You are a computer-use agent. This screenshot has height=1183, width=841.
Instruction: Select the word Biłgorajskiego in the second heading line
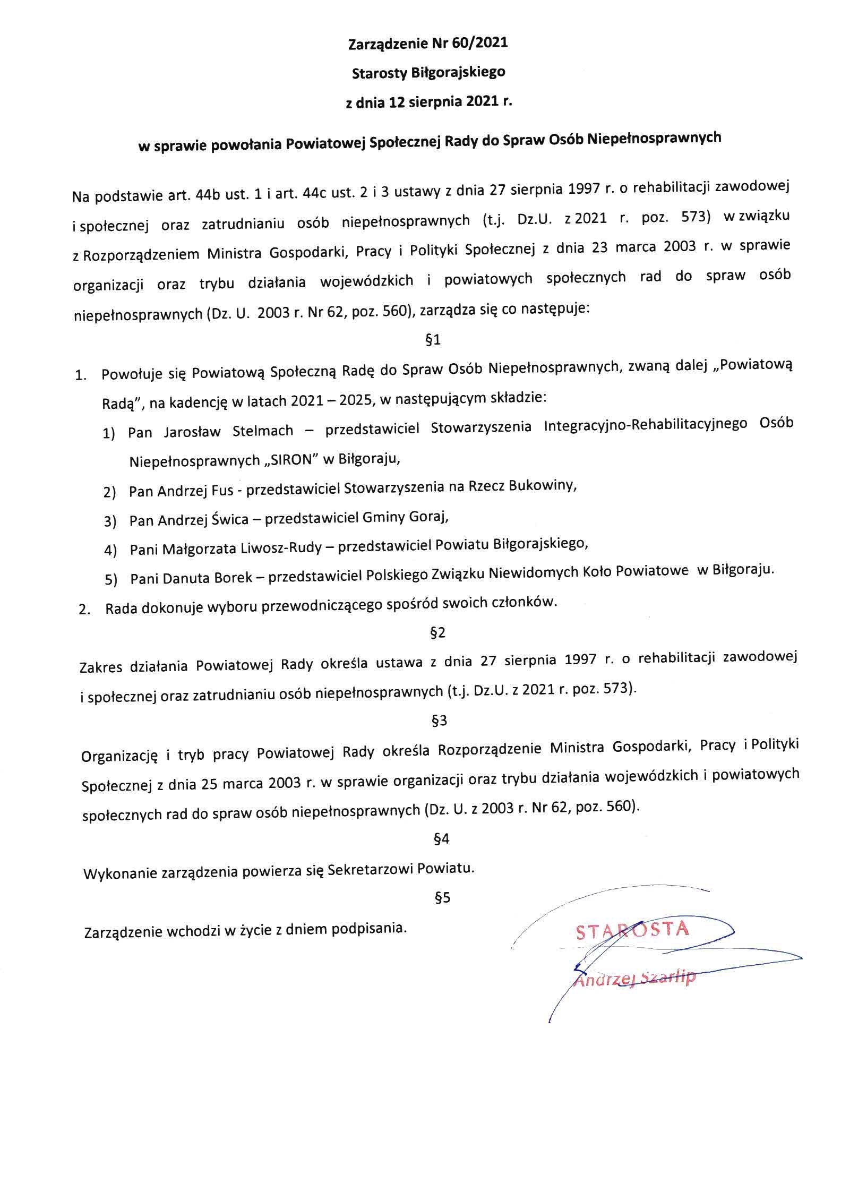click(x=458, y=73)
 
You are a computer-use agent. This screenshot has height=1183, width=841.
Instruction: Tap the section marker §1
click(x=433, y=340)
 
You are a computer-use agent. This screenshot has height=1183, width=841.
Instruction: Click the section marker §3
click(x=440, y=721)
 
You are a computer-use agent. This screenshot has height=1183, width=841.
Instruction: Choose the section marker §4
click(x=441, y=839)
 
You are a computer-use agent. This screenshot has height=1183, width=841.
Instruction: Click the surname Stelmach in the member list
click(x=263, y=431)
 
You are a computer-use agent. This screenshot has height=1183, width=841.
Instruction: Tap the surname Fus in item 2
click(x=222, y=491)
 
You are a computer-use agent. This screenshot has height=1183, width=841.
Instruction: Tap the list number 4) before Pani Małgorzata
click(x=110, y=550)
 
